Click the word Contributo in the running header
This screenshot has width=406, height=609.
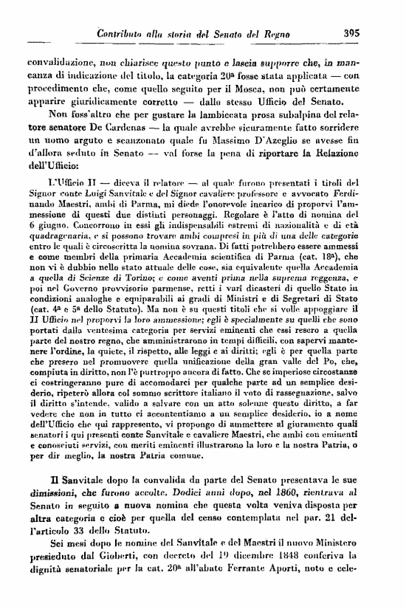point(129,32)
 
